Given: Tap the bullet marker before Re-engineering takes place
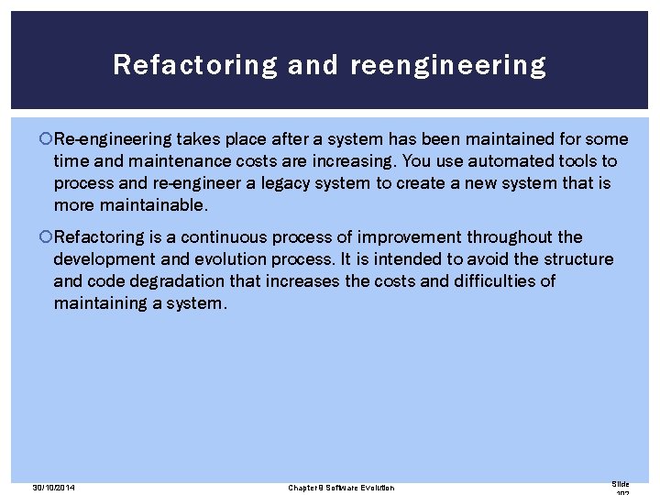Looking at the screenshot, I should pyautogui.click(x=48, y=139).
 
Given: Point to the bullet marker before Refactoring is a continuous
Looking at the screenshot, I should pyautogui.click(x=48, y=237).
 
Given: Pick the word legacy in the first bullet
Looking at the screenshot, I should pyautogui.click(x=284, y=183).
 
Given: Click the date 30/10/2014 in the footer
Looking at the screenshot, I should pyautogui.click(x=52, y=488).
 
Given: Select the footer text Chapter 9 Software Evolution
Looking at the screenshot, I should pyautogui.click(x=341, y=488).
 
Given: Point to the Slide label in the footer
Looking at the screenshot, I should pyautogui.click(x=621, y=483).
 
